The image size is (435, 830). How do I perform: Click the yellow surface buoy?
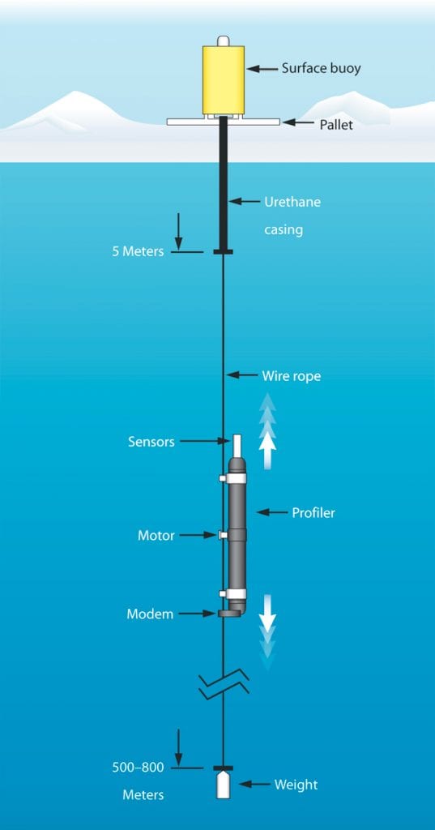tap(223, 79)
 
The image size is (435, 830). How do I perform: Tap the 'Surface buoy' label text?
tap(321, 69)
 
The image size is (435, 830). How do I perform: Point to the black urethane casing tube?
tap(223, 195)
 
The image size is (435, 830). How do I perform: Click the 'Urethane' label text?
tap(292, 202)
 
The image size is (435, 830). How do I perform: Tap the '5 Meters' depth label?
tap(138, 251)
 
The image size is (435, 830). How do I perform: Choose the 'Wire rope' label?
tap(291, 376)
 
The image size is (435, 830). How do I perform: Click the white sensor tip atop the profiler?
tap(237, 446)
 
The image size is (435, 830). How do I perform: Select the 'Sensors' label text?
tap(151, 442)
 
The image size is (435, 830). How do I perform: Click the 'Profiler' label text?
tap(313, 512)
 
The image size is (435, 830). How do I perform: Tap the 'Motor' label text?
tap(156, 535)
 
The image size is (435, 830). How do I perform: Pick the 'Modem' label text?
tap(150, 614)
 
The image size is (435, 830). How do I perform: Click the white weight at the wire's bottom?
tap(223, 785)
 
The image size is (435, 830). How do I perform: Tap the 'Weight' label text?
tap(296, 785)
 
